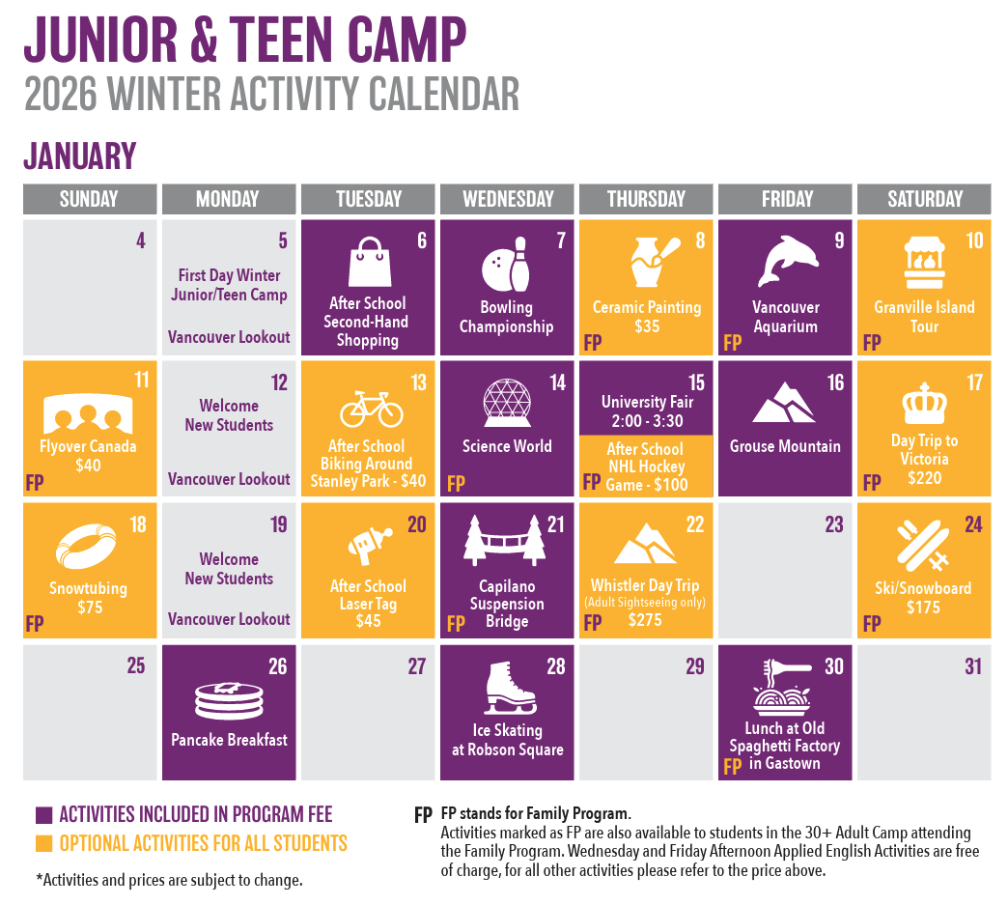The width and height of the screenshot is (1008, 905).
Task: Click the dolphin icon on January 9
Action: point(788,261)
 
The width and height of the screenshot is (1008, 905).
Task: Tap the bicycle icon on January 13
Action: point(372,410)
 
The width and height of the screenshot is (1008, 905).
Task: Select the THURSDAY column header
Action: point(646,199)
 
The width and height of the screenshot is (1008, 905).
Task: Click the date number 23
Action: point(834,524)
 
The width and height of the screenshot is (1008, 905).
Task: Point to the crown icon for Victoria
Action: point(924,404)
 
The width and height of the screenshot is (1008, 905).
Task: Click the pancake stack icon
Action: point(229,701)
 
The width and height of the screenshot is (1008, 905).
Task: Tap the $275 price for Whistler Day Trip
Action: point(645,620)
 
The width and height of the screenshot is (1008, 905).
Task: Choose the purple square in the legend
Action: point(43,815)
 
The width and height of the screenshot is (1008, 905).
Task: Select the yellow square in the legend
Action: point(43,843)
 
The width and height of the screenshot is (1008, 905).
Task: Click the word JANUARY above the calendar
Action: point(80,156)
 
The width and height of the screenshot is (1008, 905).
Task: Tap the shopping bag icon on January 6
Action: point(370,262)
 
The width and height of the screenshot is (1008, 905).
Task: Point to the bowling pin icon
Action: point(519,265)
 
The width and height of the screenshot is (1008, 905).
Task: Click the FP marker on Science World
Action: point(456,484)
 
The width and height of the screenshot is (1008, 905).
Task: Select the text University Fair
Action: point(647,402)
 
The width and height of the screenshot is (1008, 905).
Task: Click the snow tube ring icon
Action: point(86,546)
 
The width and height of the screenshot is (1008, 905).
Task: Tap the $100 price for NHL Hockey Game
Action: point(670,484)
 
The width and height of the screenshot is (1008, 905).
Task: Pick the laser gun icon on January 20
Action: point(370,545)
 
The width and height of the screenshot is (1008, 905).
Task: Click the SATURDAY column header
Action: point(924,199)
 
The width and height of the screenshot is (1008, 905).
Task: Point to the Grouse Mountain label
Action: point(785,446)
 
